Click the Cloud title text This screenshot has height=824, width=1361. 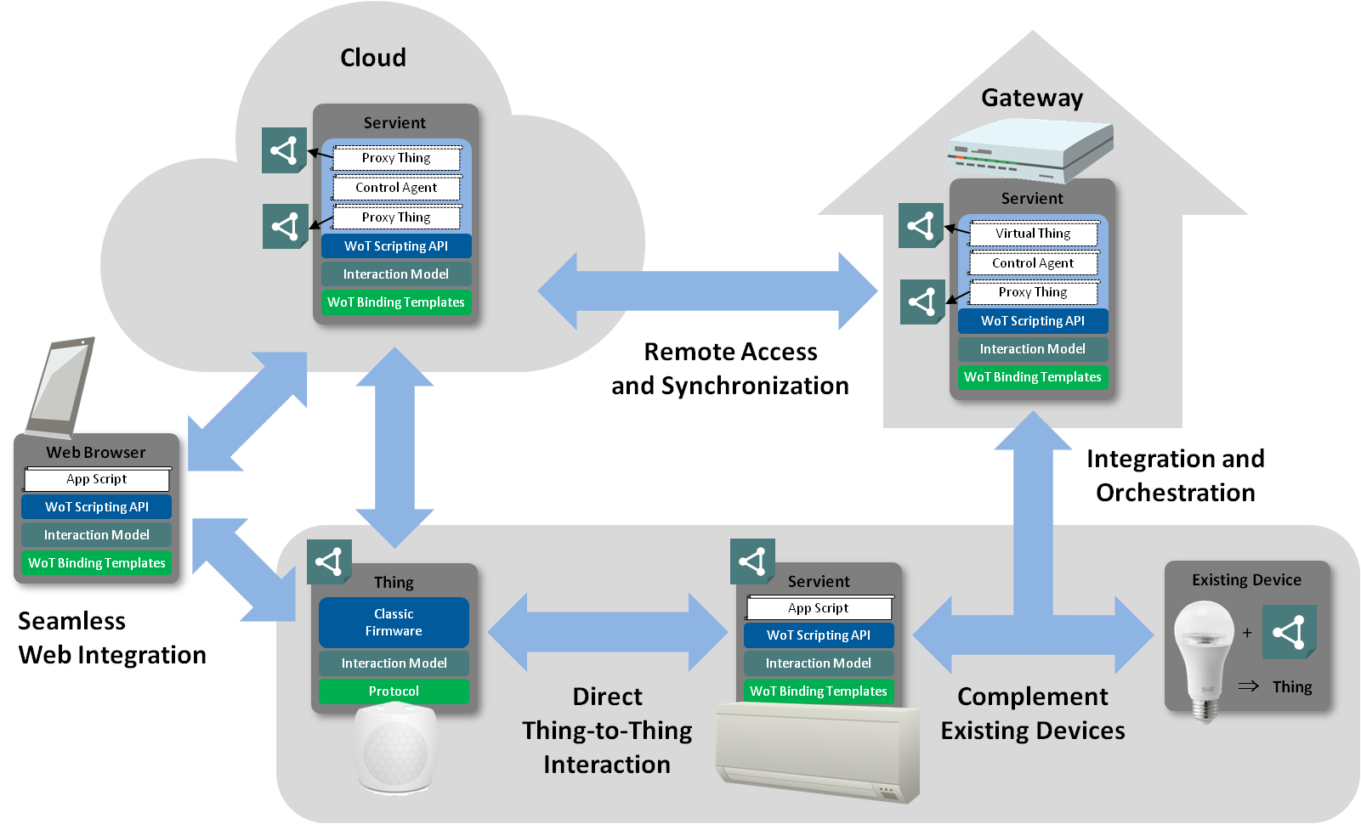coord(373,58)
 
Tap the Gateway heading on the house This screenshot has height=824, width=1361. coord(1032,98)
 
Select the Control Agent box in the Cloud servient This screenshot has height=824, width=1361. coord(396,188)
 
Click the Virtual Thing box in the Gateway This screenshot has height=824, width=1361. coord(1033,234)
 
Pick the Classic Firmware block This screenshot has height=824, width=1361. coord(394,623)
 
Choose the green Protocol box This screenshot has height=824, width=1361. coord(394,691)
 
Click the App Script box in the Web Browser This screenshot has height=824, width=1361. coord(97,479)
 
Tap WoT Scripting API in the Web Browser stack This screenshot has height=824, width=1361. coord(97,507)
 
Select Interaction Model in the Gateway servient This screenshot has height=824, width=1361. coord(1033,349)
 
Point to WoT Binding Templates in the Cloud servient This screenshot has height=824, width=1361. coord(396,302)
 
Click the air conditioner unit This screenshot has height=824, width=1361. coord(818,752)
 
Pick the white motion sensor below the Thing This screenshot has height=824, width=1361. coord(395,748)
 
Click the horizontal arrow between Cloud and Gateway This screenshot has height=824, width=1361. coord(708,291)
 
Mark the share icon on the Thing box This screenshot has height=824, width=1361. coord(328,562)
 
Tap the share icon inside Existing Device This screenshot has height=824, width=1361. coord(1289,632)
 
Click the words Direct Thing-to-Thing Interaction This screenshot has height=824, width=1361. coord(607,731)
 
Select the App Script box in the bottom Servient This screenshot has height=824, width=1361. coord(819,608)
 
